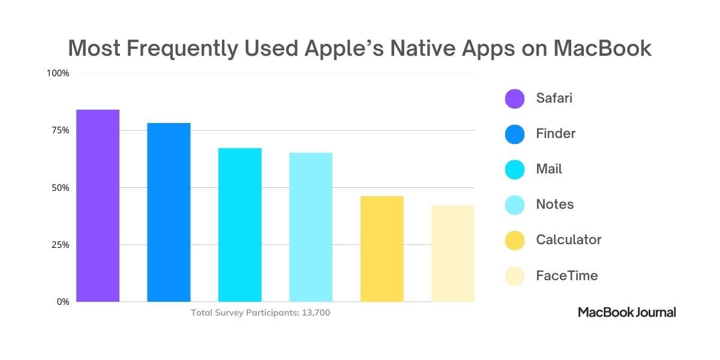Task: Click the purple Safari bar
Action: click(x=98, y=206)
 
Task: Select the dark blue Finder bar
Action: click(x=169, y=212)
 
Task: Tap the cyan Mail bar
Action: click(x=239, y=225)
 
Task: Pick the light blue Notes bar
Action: click(x=311, y=227)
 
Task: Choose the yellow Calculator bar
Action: click(x=382, y=249)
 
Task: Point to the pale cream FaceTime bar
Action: click(x=452, y=254)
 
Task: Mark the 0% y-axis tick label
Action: click(x=63, y=302)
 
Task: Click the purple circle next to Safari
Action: click(x=515, y=98)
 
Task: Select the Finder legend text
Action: click(x=556, y=134)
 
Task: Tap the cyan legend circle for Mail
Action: click(x=515, y=169)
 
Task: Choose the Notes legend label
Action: click(x=555, y=205)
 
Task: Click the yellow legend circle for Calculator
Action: click(x=515, y=240)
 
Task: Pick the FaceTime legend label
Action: click(x=567, y=276)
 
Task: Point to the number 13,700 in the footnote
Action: click(x=314, y=313)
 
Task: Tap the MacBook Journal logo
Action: click(x=627, y=312)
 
